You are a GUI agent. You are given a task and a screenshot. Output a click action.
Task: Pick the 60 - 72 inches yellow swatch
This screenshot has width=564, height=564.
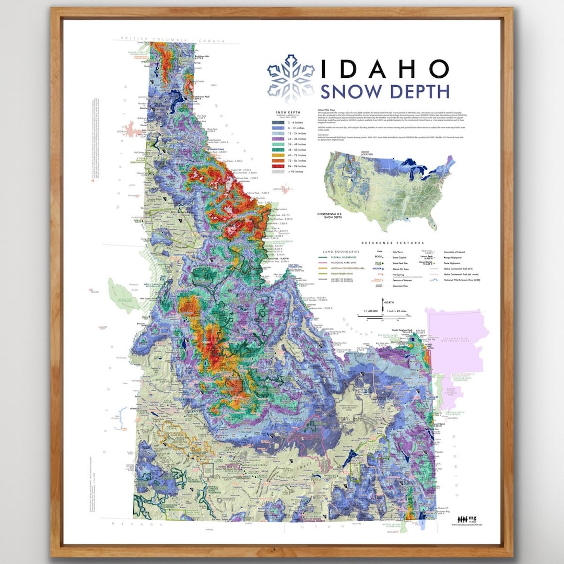278,156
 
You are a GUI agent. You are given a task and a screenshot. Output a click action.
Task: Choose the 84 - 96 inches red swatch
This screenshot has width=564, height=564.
278,166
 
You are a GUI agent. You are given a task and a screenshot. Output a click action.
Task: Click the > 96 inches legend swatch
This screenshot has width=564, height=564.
278,172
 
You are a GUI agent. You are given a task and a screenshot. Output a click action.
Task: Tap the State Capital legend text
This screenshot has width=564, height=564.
401,257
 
